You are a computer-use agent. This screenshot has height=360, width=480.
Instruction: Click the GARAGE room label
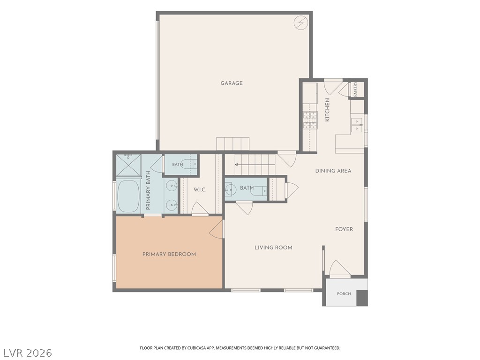click(x=232, y=83)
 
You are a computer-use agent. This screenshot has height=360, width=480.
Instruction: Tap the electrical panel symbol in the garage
click(x=300, y=22)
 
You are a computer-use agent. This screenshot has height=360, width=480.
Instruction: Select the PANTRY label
click(x=355, y=89)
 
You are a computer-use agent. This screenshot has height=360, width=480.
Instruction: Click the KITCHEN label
click(x=327, y=110)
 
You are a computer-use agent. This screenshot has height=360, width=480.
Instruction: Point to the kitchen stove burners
click(x=310, y=120)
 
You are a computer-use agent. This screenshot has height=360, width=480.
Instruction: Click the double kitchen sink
click(x=356, y=125)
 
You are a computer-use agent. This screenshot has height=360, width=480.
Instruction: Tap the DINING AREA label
click(x=333, y=171)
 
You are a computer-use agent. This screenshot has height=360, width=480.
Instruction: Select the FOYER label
click(x=344, y=229)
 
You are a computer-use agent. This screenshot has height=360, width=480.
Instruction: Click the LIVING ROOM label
click(x=273, y=247)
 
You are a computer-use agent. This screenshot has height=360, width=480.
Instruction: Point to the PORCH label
click(x=344, y=294)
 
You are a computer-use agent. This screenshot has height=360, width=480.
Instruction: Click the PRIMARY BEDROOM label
click(x=169, y=254)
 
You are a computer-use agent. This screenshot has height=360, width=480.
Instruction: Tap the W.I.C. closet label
click(x=200, y=190)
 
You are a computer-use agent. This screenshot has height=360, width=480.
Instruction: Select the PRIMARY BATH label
click(x=148, y=190)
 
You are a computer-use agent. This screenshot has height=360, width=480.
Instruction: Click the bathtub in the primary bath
click(x=128, y=196)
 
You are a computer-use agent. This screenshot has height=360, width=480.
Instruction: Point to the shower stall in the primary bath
click(x=128, y=165)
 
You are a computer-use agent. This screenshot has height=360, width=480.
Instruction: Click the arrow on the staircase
click(x=255, y=165)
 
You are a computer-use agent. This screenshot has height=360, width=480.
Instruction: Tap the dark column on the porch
click(x=362, y=298)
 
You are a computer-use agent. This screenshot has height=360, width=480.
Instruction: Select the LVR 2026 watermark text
click(x=27, y=353)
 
